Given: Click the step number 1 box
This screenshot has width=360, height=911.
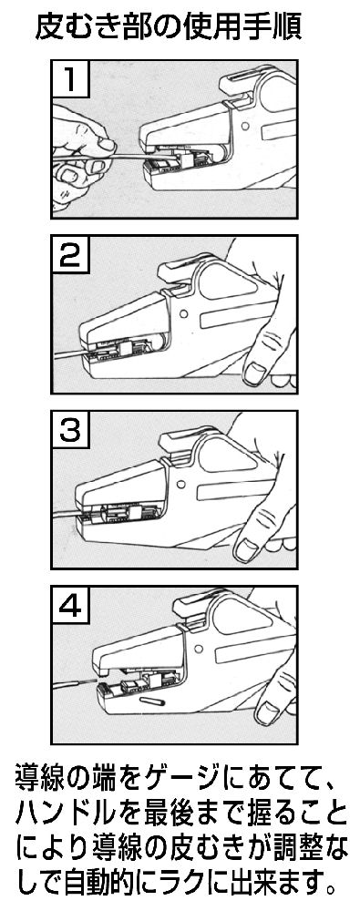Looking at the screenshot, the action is coord(70,79).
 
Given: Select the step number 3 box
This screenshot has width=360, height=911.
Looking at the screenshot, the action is coord(70,430).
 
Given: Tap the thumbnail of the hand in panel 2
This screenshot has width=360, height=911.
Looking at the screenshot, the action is coord(254,373).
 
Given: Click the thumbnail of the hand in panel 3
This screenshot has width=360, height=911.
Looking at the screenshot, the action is coord(246,548).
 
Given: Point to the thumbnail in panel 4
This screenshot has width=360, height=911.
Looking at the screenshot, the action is coord(268,712).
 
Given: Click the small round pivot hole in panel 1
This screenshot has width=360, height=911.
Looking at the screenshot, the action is coord(245,125).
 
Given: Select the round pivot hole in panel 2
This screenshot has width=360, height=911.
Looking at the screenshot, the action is coord(184,313).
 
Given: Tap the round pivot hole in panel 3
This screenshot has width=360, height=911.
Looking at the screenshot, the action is coord(181,483).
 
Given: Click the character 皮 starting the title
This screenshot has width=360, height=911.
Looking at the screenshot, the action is coord(49,26).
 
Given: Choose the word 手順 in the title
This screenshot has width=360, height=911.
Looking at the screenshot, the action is coord(273,26).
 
